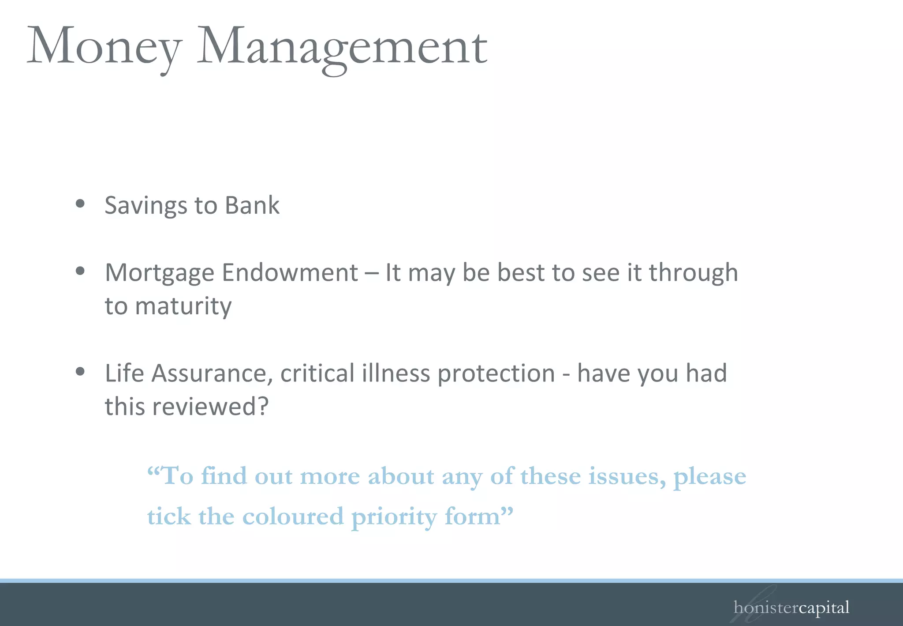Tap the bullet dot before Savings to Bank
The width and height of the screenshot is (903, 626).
click(x=80, y=204)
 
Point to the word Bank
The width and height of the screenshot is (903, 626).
click(x=252, y=205)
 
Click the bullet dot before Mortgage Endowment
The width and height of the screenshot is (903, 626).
click(x=80, y=271)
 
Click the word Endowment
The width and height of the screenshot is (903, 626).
click(x=290, y=272)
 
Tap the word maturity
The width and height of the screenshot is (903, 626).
click(x=183, y=306)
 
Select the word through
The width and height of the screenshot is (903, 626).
click(x=693, y=273)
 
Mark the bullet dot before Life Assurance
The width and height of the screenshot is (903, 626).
click(x=80, y=371)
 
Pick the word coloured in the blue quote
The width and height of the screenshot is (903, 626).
click(x=293, y=517)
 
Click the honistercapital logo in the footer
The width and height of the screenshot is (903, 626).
click(x=791, y=608)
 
